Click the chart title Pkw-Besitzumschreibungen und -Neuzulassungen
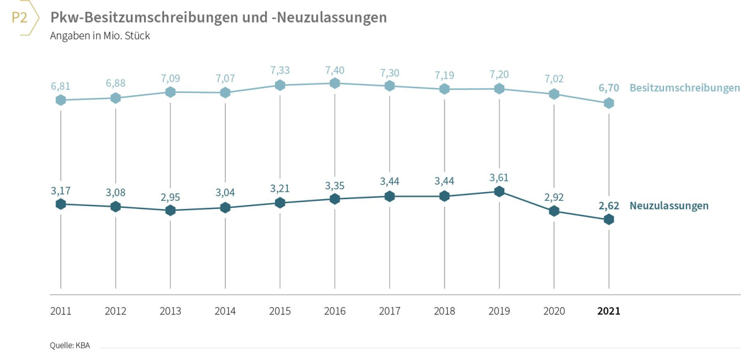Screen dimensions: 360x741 pos(218,18)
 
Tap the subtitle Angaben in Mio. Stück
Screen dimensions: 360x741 pos(100,36)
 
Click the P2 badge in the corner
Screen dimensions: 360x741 pos(20,18)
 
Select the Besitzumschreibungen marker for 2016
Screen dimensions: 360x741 pos(335,83)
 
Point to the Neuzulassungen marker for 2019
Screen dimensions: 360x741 pos(499,192)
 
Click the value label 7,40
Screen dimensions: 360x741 pos(335,69)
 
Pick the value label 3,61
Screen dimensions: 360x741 pos(499,178)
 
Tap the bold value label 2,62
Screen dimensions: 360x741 pos(608,205)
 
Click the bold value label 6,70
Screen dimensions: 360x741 pos(608,88)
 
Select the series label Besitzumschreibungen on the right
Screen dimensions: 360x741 pos(684,88)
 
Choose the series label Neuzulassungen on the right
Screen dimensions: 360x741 pos(669,205)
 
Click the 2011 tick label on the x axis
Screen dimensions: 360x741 pos(61,311)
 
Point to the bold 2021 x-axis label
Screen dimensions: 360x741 pos(608,311)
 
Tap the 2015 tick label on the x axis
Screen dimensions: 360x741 pos(280,311)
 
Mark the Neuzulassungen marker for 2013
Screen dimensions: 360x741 pos(170,211)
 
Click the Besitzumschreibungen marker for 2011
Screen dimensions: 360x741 pos(61,100)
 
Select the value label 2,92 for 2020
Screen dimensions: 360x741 pos(554,197)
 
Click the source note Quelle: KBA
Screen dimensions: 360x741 pos(69,346)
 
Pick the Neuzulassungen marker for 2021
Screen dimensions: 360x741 pos(608,219)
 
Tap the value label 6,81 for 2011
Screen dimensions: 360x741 pos(61,86)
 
